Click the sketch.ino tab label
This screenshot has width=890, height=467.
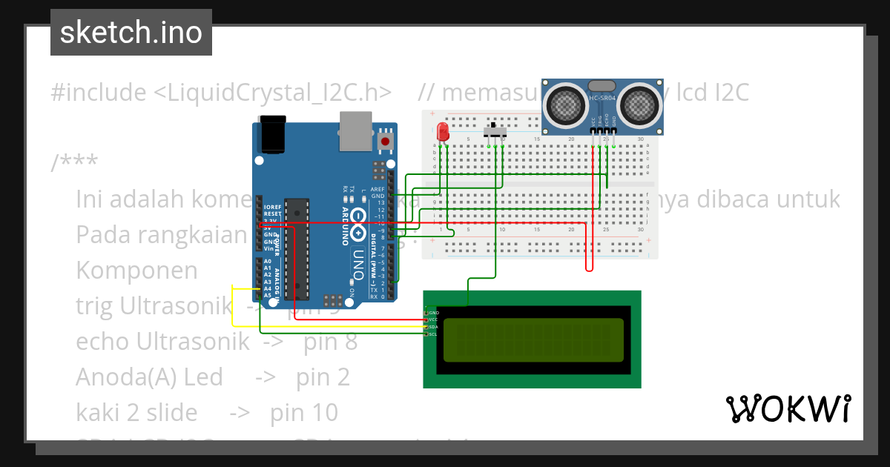(x=131, y=33)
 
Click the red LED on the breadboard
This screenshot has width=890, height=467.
(x=443, y=132)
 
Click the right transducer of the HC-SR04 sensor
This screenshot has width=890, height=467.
(x=640, y=103)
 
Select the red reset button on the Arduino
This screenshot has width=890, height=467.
(x=385, y=140)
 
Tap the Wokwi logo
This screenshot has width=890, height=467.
(x=788, y=408)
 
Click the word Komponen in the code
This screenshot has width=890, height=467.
(x=136, y=270)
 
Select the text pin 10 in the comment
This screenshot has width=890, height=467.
(x=304, y=412)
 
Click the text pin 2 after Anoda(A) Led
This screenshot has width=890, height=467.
(x=323, y=377)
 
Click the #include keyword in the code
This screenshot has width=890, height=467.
(x=99, y=93)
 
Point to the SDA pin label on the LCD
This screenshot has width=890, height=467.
(x=434, y=327)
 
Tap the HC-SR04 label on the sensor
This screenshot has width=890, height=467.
(x=601, y=99)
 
